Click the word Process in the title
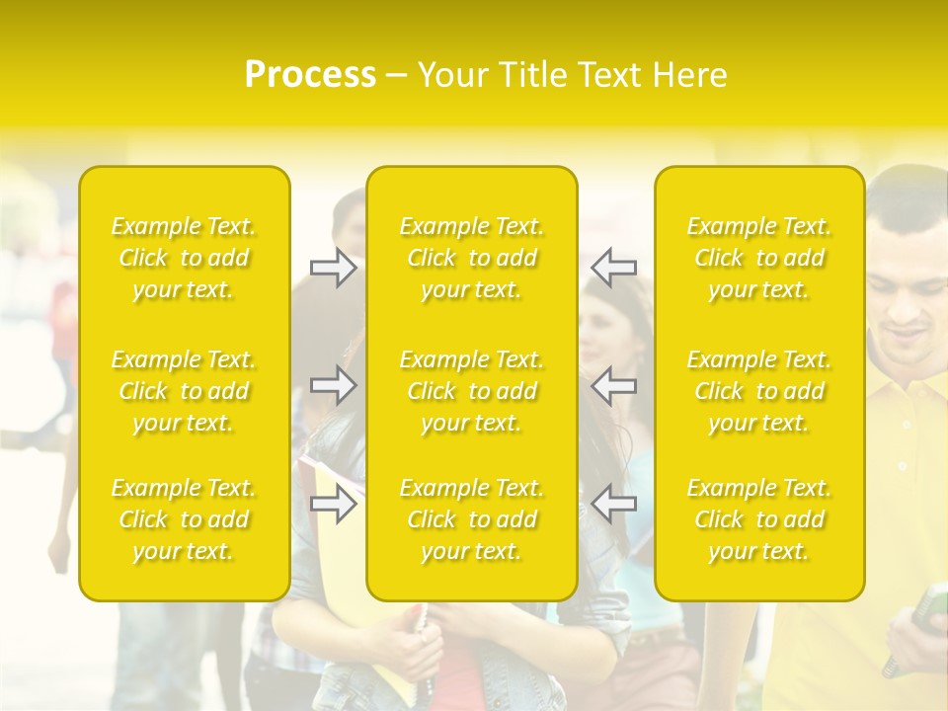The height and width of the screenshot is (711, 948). click(x=310, y=75)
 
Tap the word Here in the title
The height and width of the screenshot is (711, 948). click(x=688, y=75)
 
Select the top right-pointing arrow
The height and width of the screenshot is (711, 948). click(x=333, y=267)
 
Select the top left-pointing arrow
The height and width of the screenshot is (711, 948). click(x=614, y=267)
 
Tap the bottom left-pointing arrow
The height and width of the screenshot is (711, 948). click(x=614, y=504)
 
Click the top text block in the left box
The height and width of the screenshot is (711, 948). click(x=184, y=258)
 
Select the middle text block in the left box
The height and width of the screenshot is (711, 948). click(x=184, y=391)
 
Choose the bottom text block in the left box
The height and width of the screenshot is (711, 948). click(x=184, y=519)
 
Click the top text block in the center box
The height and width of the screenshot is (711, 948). click(x=472, y=258)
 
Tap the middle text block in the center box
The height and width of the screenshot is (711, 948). click(x=472, y=391)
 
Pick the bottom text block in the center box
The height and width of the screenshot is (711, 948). click(x=472, y=519)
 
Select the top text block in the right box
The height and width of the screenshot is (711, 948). click(x=759, y=258)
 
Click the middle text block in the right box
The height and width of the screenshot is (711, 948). click(x=759, y=391)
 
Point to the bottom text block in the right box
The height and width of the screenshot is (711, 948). click(x=759, y=519)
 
